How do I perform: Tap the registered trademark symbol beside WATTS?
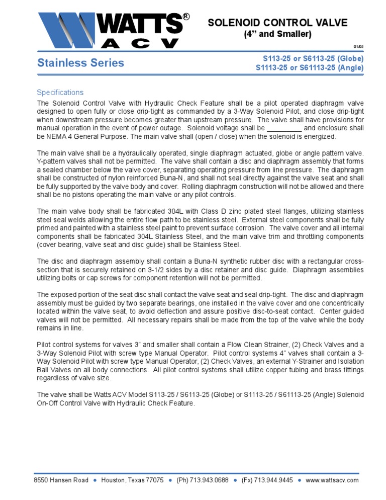[x=186, y=17]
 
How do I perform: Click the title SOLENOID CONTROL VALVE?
[x=277, y=23]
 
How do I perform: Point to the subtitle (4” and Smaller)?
[x=277, y=34]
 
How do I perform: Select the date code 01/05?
[x=358, y=46]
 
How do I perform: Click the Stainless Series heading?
[x=80, y=63]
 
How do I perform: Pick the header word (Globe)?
[x=349, y=58]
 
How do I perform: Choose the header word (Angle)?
[x=349, y=67]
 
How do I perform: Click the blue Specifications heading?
[x=60, y=93]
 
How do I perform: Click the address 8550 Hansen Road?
[x=61, y=480]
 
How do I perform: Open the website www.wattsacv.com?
[x=332, y=480]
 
